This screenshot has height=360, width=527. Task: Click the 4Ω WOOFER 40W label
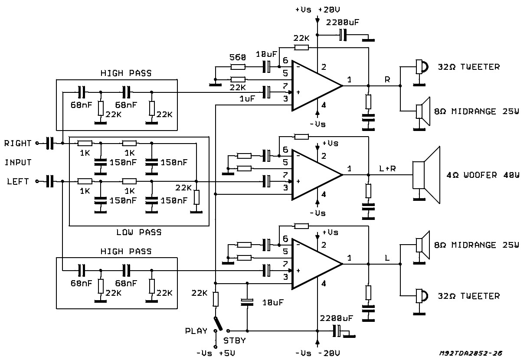pos(483,175)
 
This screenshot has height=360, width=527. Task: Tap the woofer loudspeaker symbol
pos(426,175)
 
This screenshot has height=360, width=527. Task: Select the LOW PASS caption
pos(139,232)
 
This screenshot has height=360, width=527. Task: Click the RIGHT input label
pos(18,143)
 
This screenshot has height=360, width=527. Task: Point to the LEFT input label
pos(18,181)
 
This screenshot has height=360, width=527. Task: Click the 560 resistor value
pos(238,57)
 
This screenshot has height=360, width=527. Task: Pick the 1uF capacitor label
pos(247,98)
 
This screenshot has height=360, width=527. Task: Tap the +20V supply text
pos(329,10)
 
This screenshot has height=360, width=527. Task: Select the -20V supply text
pos(329,353)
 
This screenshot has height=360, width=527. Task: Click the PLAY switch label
pos(196,331)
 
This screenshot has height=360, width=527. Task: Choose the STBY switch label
pos(234,340)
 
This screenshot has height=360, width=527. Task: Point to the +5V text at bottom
pos(227,353)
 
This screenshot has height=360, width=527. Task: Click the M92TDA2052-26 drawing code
pos(471,353)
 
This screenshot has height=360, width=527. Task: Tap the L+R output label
pos(387,168)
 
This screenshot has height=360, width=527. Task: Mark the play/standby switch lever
pos(218,324)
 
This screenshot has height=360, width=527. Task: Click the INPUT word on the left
pos(18,162)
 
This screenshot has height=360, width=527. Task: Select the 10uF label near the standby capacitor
pos(273,302)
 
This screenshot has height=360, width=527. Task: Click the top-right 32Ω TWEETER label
pos(468,67)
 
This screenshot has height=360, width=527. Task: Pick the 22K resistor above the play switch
pos(216,299)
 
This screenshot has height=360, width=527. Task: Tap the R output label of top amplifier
pos(387,79)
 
